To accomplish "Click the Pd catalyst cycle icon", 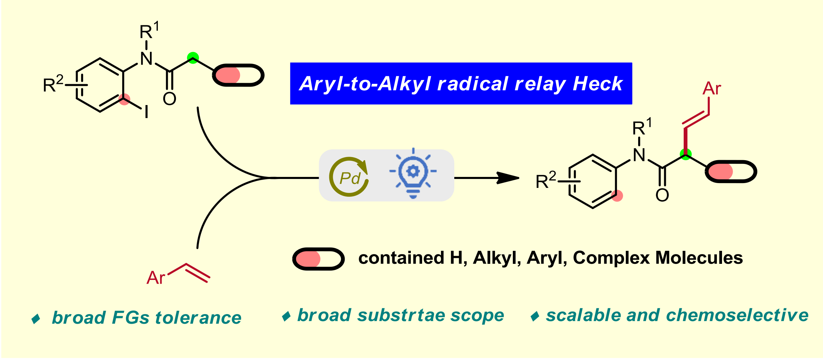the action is click(x=349, y=177).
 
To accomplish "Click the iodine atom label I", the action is click(x=147, y=112).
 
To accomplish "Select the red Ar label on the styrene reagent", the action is click(x=156, y=278).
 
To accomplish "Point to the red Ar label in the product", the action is click(x=712, y=89).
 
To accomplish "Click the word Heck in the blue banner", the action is click(x=598, y=83).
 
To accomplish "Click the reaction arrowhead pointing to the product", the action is click(x=508, y=178).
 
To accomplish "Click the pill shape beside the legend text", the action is click(x=318, y=259).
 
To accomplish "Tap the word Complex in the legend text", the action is click(x=611, y=258).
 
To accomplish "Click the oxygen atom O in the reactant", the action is click(x=169, y=99).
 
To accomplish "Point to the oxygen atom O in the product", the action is click(x=662, y=195).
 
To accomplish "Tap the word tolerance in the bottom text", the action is click(x=198, y=318).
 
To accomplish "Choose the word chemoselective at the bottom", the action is click(x=737, y=315).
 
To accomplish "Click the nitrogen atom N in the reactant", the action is click(x=147, y=59).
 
